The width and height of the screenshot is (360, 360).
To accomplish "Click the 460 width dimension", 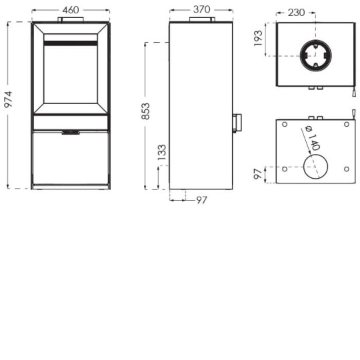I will click(70, 9).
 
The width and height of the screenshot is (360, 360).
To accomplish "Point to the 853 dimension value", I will click(146, 111).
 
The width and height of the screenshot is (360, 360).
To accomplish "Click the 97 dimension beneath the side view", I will click(201, 200).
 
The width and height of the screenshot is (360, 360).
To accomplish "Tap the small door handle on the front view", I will click(70, 133).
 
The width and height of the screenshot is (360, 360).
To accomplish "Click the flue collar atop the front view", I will click(70, 19).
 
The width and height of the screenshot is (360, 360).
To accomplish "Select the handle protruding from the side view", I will click(236, 123).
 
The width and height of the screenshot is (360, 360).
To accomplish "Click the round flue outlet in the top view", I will click(314, 55).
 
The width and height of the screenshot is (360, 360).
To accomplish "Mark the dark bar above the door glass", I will click(70, 43).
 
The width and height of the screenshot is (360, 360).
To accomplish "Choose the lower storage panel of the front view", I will click(70, 157).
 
